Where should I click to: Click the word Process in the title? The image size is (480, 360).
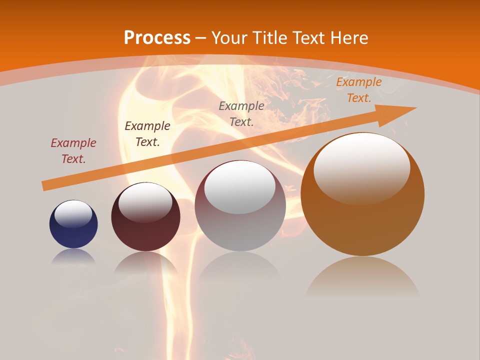[x=157, y=37]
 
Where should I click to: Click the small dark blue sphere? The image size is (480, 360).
[x=73, y=224]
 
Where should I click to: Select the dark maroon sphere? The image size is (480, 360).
[x=145, y=216]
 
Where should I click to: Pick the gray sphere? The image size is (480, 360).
[x=240, y=205]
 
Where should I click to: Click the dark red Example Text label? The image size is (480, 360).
[x=73, y=151]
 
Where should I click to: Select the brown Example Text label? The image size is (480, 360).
[x=147, y=134]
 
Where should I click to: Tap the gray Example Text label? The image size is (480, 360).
[x=241, y=113]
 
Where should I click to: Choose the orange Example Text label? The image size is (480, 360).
[x=358, y=90]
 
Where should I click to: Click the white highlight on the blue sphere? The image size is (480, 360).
[x=73, y=213]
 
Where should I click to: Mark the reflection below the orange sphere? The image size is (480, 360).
[x=362, y=277]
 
